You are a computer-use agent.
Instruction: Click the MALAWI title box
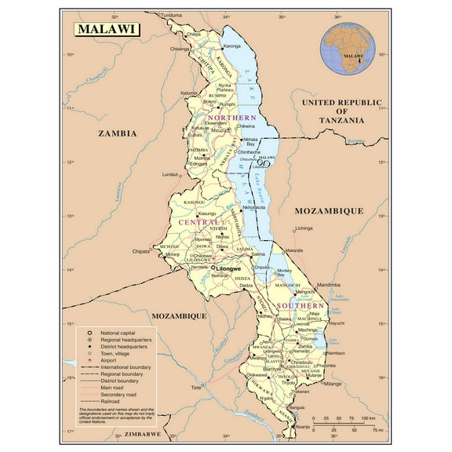(108, 30)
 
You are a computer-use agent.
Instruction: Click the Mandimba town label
(330, 284)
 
